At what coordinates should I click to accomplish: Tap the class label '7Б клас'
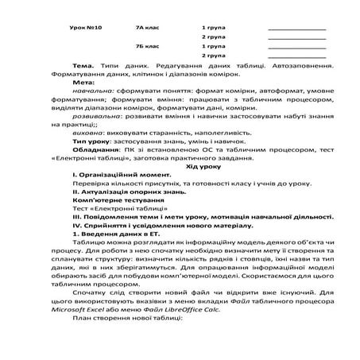tap(149, 47)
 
